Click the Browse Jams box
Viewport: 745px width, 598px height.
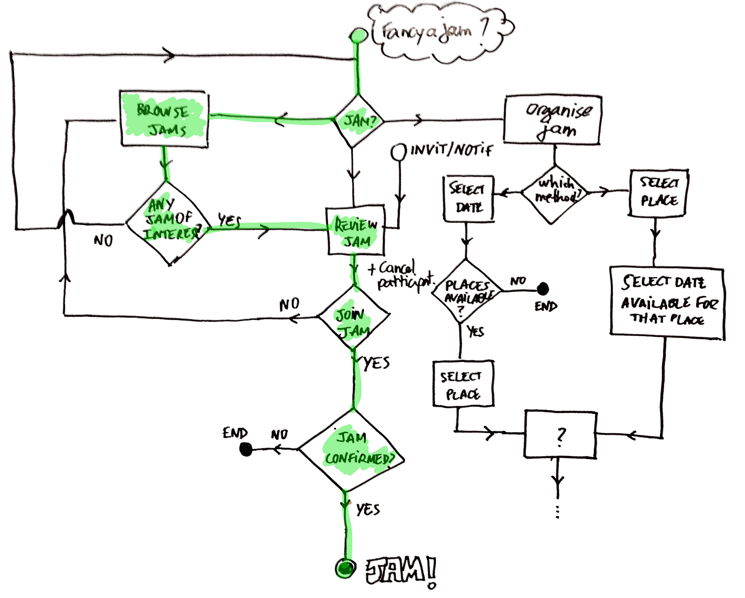click(164, 119)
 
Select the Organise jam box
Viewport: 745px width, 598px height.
click(553, 120)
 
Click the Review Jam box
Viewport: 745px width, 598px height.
click(356, 231)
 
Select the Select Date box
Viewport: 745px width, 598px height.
click(468, 198)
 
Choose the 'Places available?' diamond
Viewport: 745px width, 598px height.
click(466, 292)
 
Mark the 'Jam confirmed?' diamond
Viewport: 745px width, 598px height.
click(352, 450)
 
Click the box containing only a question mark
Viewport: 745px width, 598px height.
click(560, 434)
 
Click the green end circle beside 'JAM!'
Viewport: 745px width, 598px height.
click(345, 568)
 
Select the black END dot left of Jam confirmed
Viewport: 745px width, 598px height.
click(246, 449)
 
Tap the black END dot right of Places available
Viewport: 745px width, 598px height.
click(542, 289)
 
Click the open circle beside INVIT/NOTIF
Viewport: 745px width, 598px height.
click(398, 152)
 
